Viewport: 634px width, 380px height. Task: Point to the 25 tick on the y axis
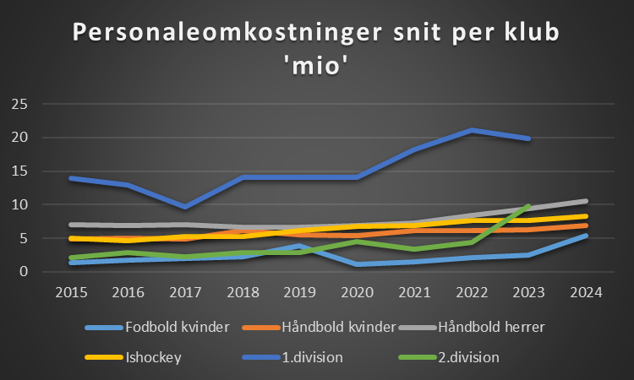[x=20, y=105]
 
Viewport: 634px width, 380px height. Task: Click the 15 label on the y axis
[x=20, y=171]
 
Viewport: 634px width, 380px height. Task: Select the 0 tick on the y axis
[x=25, y=272]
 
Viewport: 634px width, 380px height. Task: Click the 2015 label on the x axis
[x=73, y=294]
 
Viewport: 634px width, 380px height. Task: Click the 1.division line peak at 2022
[x=471, y=130]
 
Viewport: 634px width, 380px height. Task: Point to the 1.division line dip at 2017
[x=186, y=207]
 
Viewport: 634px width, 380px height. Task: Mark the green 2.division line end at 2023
[x=527, y=205]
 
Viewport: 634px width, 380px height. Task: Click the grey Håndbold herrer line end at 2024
[x=585, y=201]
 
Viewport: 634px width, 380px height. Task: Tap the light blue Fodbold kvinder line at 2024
[x=585, y=236]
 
